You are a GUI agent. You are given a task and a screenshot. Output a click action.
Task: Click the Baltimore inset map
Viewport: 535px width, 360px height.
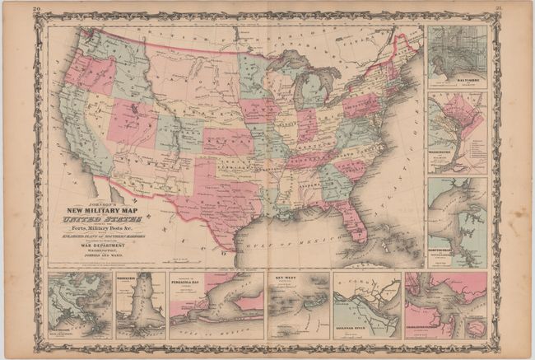point(457,56)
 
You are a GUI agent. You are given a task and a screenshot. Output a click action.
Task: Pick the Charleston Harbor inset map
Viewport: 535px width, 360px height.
point(445,305)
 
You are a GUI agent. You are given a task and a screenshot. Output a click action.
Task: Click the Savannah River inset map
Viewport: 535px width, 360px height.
point(366,305)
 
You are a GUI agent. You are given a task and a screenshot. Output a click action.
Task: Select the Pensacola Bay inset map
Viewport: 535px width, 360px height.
point(216,305)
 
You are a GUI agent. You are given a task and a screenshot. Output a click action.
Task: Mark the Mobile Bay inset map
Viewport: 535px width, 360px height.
point(140,305)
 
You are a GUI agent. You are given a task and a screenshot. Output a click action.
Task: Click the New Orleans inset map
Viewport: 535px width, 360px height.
point(80,305)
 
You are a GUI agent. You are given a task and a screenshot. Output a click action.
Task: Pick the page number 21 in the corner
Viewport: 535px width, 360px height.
point(499,8)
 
